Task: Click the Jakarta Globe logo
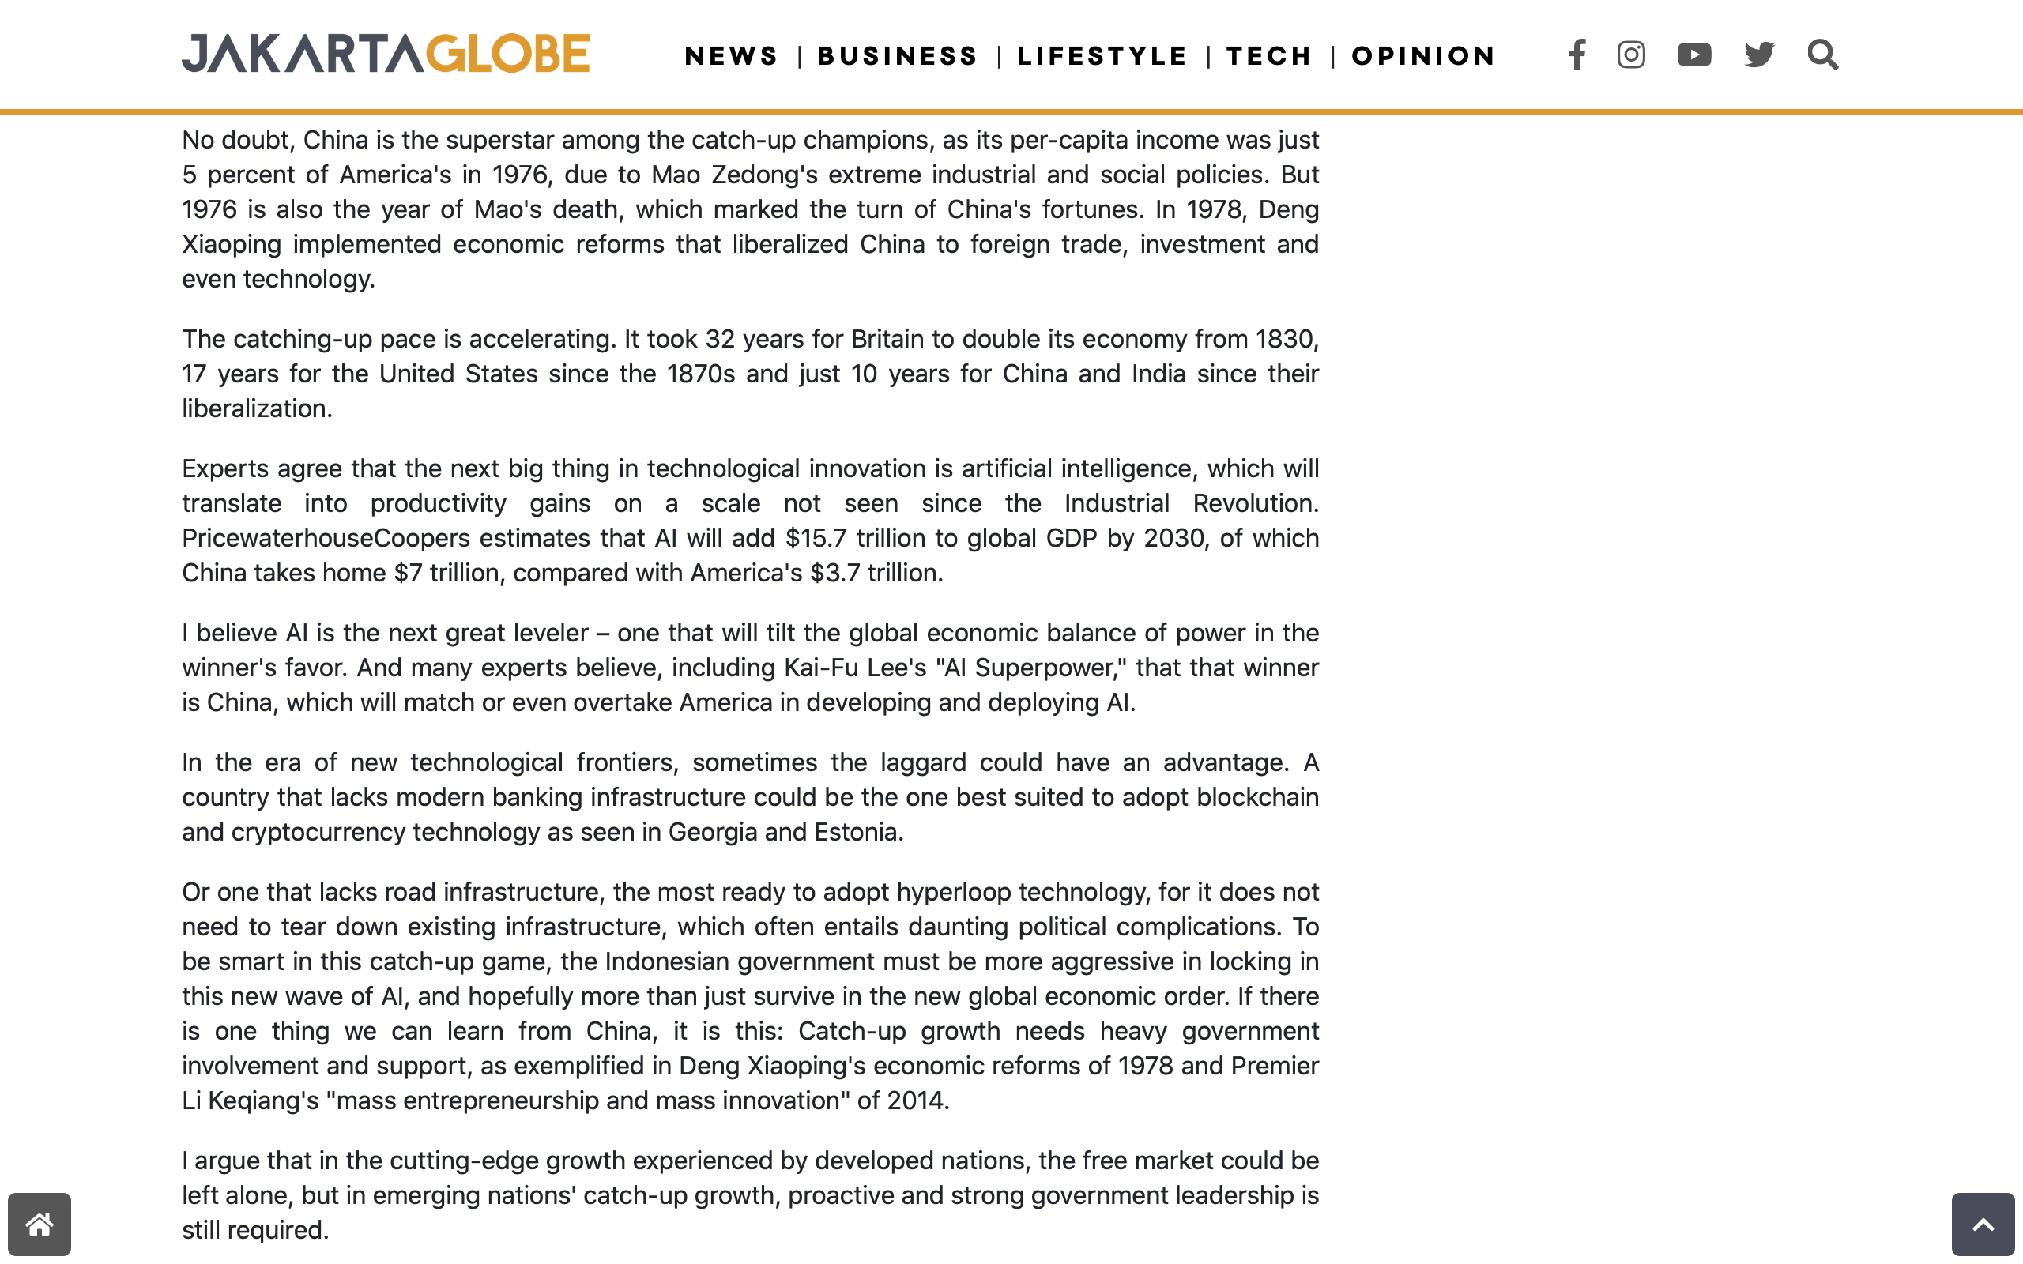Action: [386, 54]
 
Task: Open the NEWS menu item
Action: [732, 56]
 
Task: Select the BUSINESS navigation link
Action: [898, 56]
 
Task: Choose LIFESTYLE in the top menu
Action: [1102, 56]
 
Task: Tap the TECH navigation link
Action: [1269, 56]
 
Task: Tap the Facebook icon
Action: [1577, 55]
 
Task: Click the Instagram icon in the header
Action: [1631, 55]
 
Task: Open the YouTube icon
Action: [1694, 55]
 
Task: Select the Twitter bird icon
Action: [1760, 55]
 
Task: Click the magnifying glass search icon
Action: [1822, 55]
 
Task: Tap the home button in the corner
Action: [40, 1224]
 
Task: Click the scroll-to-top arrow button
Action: [1983, 1224]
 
